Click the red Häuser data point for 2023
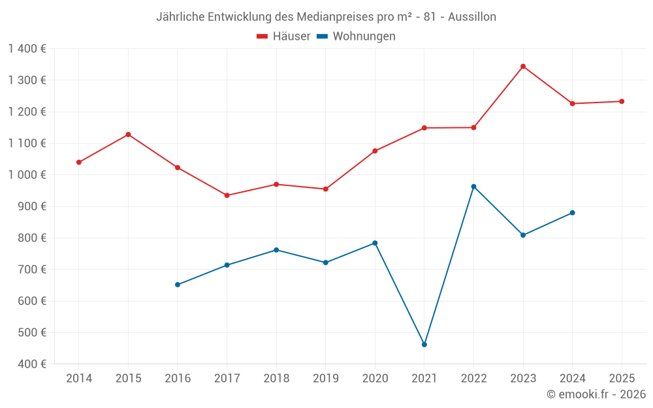click(x=523, y=67)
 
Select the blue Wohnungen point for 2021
click(x=424, y=345)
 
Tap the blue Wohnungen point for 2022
click(x=473, y=187)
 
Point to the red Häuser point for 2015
click(x=128, y=134)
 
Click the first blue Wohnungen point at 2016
click(x=178, y=285)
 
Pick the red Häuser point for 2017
click(x=227, y=195)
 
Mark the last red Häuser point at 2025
click(x=622, y=101)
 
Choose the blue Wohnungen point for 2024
click(x=573, y=213)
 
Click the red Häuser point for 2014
click(x=79, y=163)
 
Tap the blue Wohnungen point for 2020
click(x=375, y=243)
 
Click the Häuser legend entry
click(x=283, y=37)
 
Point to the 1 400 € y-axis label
click(x=27, y=49)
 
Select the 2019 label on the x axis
click(x=325, y=379)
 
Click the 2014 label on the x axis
click(x=79, y=379)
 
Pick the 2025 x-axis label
click(x=622, y=379)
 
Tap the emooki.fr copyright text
click(x=596, y=394)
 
